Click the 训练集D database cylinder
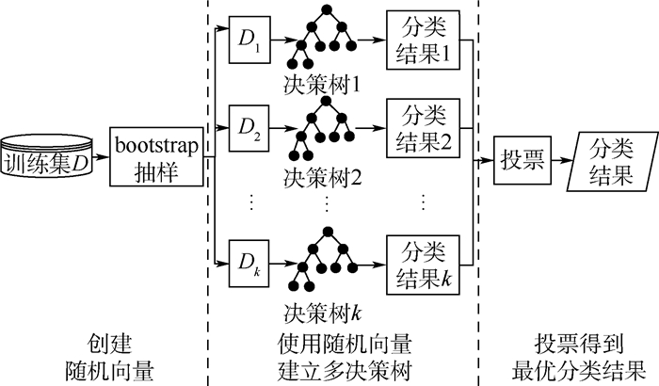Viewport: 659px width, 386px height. pos(47,156)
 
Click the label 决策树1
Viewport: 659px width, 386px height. pos(324,88)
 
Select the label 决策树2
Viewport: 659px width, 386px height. pos(324,175)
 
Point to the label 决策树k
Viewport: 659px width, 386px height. pos(324,308)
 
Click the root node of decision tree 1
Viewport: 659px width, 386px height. pos(328,10)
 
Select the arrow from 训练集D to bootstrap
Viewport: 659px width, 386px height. pos(101,156)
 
